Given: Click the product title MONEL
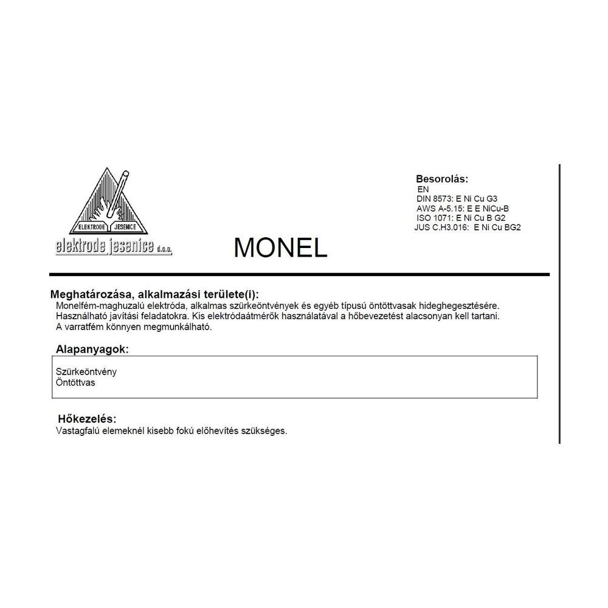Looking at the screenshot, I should coord(280,247).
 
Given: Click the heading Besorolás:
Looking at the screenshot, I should coord(442,179).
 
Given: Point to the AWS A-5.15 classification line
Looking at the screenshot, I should coord(462,208).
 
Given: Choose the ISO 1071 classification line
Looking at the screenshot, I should coord(461,218).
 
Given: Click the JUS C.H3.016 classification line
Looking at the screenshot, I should coord(467,227).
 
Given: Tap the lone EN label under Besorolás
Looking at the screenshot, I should coord(423,189).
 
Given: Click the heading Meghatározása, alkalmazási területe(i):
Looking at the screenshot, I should coord(158,294).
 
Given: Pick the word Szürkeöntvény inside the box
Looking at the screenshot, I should coord(86,372).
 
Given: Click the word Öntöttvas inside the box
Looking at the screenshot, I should coord(75,382).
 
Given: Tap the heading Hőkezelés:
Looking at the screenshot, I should coord(87,419).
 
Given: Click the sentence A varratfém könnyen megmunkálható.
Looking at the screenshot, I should coord(133,327).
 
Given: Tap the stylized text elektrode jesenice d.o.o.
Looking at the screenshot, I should coord(114,246).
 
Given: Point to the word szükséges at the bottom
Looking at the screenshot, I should coord(264,430).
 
